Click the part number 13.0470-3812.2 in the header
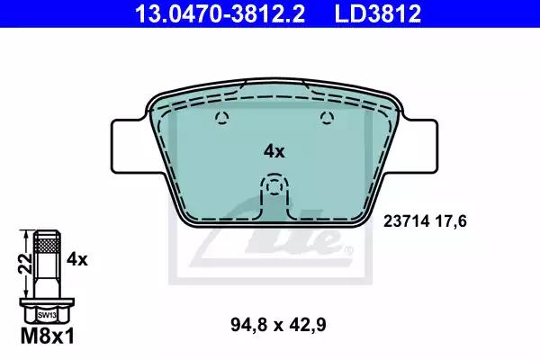(x=220, y=13)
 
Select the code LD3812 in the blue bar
(x=377, y=13)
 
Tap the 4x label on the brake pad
(x=274, y=151)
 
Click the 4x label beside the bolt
(x=77, y=259)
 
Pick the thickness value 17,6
(x=451, y=221)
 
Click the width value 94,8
(x=248, y=325)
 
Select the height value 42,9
(x=308, y=325)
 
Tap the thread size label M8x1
(x=47, y=337)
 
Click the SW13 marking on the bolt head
(x=47, y=314)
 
